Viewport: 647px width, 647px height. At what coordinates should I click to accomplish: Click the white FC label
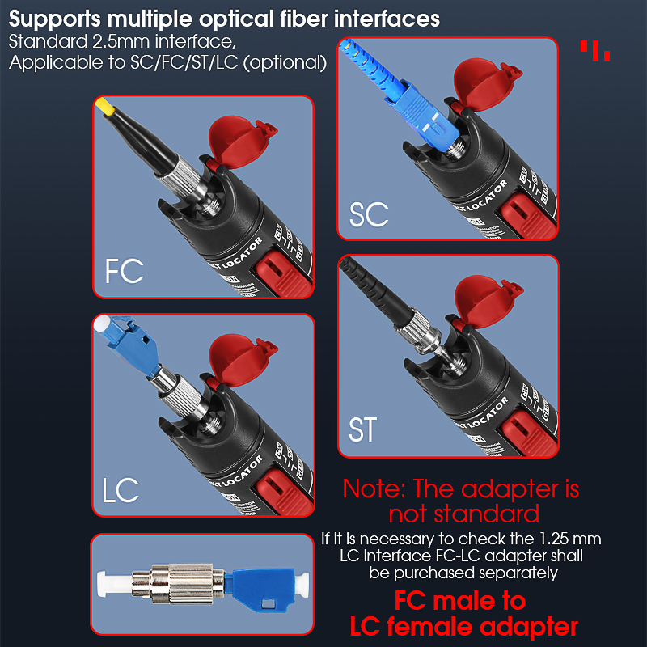[124, 271]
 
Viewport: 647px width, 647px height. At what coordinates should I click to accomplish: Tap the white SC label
[369, 214]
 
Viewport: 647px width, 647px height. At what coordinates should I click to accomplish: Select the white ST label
[362, 429]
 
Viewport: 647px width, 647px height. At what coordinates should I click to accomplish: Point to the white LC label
[121, 490]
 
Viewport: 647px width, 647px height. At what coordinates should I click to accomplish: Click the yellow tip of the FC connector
[104, 106]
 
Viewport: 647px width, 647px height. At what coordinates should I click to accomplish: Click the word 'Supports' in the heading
[57, 18]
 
